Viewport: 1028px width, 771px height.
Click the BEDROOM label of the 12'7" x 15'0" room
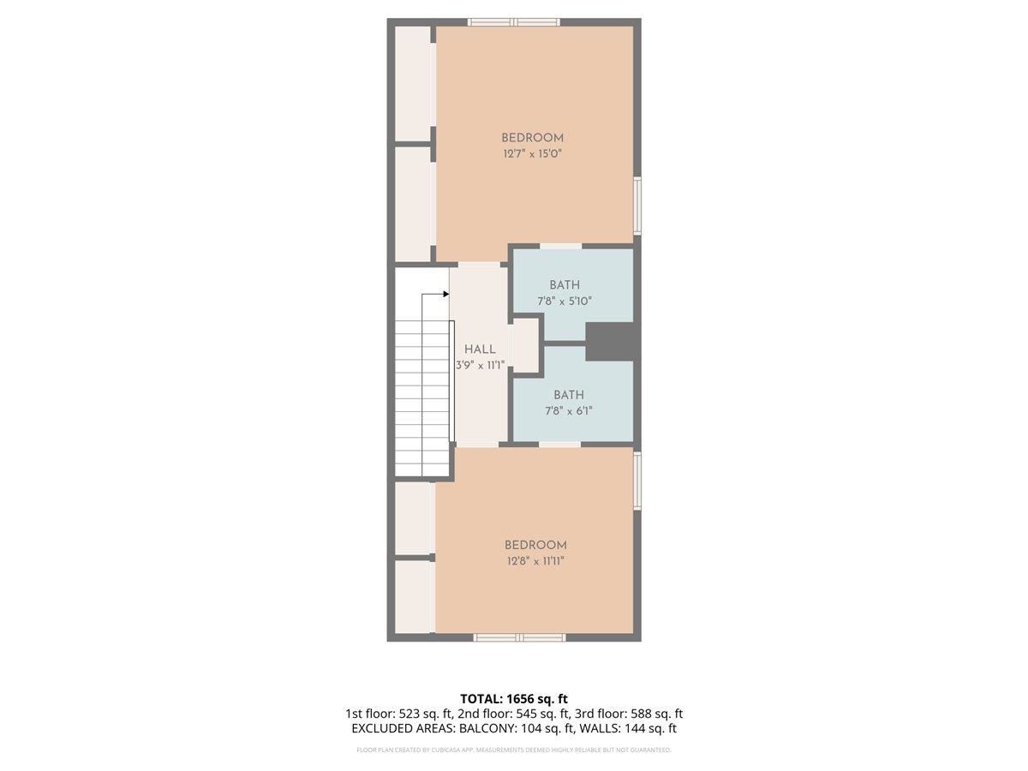pos(532,138)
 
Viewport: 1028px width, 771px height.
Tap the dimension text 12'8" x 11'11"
pos(535,561)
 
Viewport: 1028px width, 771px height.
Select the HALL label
pos(480,350)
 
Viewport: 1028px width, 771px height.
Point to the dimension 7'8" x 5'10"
pos(565,301)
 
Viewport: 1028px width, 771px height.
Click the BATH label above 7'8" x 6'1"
pos(568,395)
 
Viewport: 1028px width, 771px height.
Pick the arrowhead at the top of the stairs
pos(445,294)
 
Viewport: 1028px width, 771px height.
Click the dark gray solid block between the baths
pos(613,342)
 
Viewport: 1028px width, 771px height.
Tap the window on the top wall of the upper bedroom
pos(513,22)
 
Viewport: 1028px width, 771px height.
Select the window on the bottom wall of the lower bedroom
pos(519,637)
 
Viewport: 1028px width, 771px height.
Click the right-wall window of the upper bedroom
pos(637,205)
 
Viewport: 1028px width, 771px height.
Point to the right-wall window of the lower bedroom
pos(637,481)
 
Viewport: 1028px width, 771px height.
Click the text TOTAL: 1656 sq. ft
pos(514,699)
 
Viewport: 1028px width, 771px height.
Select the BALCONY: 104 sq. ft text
pos(505,729)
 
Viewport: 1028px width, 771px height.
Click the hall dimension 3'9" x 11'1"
pos(480,364)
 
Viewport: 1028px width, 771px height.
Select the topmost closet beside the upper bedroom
pos(412,83)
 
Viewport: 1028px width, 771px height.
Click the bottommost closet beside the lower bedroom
pos(412,596)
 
